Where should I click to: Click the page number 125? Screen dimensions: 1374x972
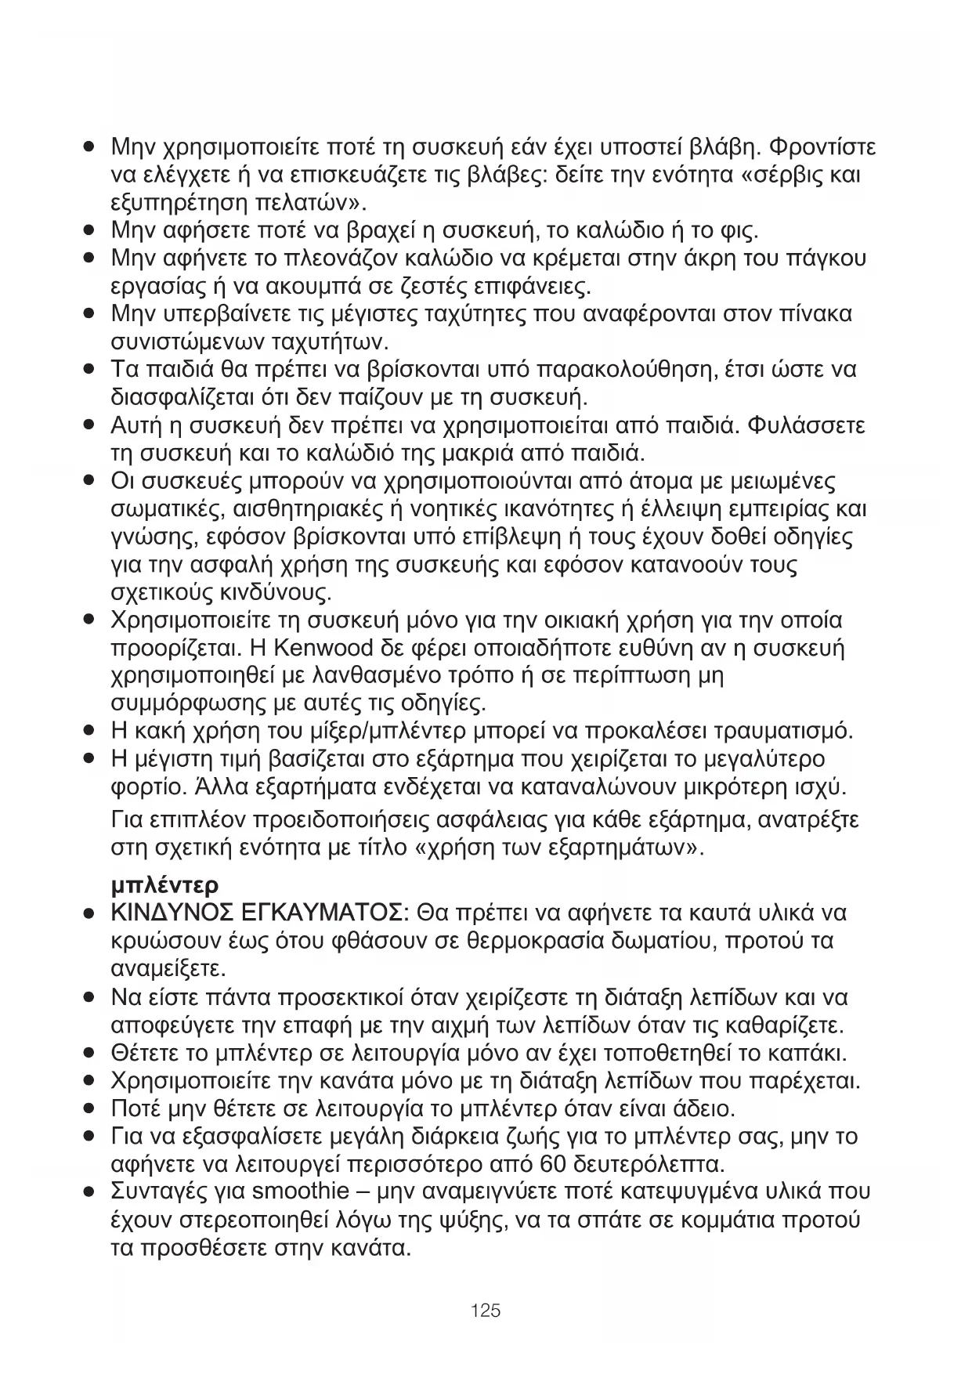(x=486, y=1310)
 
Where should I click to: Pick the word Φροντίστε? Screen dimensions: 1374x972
(x=823, y=146)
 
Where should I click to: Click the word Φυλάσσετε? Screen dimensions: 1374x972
(x=807, y=426)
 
